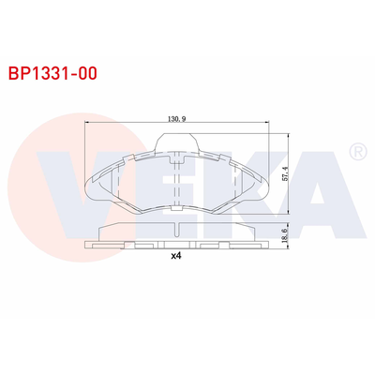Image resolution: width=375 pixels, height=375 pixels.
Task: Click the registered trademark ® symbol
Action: coord(357,151)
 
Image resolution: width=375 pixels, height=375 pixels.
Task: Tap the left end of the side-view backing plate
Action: coord(88,245)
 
